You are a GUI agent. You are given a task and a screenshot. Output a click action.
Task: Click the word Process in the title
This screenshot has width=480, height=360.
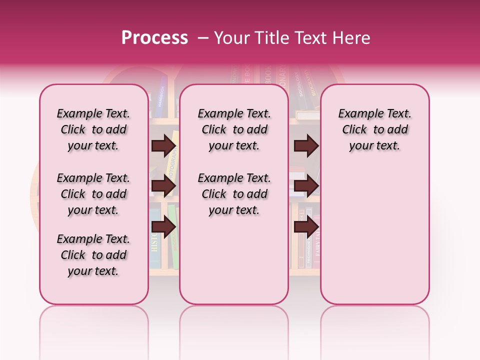tap(154, 38)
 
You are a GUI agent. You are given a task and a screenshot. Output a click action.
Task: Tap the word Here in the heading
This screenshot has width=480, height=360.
tap(352, 38)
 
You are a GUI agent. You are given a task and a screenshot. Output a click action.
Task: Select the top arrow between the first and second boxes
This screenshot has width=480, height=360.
tap(163, 145)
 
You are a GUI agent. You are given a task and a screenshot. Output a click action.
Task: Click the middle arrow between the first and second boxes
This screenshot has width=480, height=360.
tap(163, 186)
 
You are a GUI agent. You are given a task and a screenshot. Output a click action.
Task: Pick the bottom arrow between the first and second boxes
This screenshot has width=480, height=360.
tap(163, 227)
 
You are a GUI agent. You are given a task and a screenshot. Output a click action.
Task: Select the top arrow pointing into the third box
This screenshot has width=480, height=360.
tap(306, 145)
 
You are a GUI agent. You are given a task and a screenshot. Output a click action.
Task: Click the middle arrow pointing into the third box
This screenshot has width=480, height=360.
tap(306, 186)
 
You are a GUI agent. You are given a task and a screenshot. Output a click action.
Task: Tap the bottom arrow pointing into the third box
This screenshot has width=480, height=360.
tap(306, 227)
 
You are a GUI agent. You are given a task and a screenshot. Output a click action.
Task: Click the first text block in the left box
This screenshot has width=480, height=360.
tap(93, 129)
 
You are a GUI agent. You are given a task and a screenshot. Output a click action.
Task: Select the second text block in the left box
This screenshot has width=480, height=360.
tap(93, 194)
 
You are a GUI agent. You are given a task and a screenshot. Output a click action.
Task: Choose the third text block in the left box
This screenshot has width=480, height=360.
tap(93, 255)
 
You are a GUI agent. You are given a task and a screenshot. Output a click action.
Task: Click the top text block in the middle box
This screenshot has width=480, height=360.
tap(234, 129)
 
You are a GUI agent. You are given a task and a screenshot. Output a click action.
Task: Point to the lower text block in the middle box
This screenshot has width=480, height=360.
tap(234, 194)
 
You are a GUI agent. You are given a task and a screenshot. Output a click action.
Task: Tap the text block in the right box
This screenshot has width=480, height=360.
tap(374, 129)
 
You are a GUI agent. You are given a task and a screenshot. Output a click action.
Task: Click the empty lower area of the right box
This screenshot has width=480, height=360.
tap(374, 230)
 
